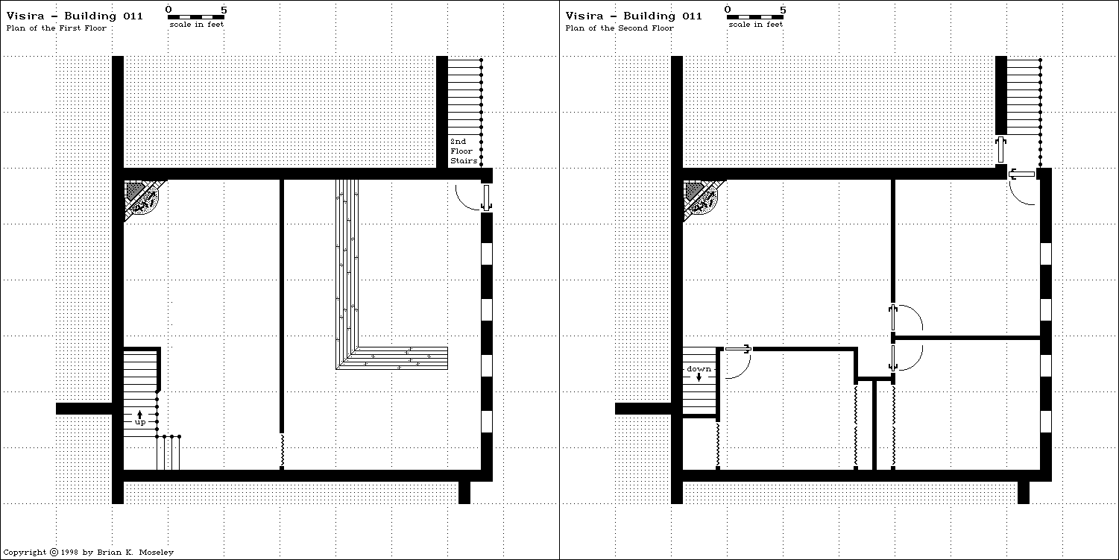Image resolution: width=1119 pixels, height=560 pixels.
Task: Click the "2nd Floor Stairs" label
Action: click(x=462, y=151)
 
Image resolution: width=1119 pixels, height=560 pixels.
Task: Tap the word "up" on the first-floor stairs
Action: click(x=139, y=422)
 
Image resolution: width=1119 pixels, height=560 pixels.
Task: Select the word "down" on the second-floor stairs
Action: click(x=699, y=369)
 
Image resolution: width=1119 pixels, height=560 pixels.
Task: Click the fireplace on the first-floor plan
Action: click(x=142, y=198)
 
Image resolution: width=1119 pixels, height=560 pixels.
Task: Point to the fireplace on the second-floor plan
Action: click(x=702, y=198)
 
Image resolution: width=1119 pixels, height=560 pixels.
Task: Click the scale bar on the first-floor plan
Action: click(x=196, y=16)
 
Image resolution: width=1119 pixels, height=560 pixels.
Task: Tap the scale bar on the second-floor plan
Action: click(x=755, y=16)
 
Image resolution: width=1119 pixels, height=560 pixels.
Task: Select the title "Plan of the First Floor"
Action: click(x=57, y=28)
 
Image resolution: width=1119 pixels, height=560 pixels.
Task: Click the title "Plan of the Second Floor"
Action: click(x=620, y=28)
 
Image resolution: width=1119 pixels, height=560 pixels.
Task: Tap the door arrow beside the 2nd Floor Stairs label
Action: click(x=486, y=198)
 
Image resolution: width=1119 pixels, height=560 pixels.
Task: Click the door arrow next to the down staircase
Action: click(x=739, y=348)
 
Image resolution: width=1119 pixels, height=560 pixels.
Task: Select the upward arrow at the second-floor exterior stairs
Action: click(x=1001, y=149)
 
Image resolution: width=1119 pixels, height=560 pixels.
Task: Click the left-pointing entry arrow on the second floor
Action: click(x=1022, y=174)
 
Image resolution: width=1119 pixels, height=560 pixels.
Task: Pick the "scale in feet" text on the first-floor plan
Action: click(x=196, y=25)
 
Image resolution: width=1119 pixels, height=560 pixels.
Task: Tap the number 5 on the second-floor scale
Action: click(x=783, y=9)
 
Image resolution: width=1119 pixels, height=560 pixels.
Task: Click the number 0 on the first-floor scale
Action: click(x=168, y=9)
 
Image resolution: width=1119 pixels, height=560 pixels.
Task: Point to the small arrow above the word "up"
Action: click(x=139, y=413)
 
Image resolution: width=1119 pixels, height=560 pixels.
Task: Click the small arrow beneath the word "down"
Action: click(x=699, y=377)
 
